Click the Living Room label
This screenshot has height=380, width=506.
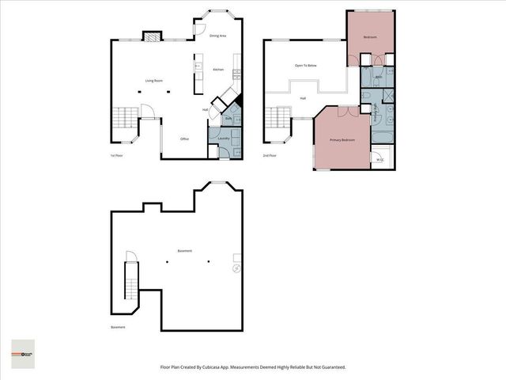[x=153, y=81]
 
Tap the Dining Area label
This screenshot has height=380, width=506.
[x=219, y=36]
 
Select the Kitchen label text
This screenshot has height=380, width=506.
[x=218, y=70]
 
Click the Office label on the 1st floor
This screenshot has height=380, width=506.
[x=184, y=139]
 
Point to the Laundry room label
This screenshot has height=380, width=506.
[x=224, y=139]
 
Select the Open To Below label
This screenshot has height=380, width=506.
[x=306, y=66]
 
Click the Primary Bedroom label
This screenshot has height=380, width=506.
[x=342, y=140]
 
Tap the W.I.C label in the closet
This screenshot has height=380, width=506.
[x=379, y=159]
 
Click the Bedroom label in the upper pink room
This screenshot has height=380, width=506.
[x=369, y=37]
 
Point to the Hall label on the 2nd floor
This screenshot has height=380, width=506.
[x=303, y=98]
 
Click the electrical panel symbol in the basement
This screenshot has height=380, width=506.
[x=236, y=269]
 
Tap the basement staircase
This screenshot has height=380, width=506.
[x=131, y=283]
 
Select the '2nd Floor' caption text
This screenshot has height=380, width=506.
[x=270, y=156]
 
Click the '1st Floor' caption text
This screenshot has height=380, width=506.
[x=116, y=156]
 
